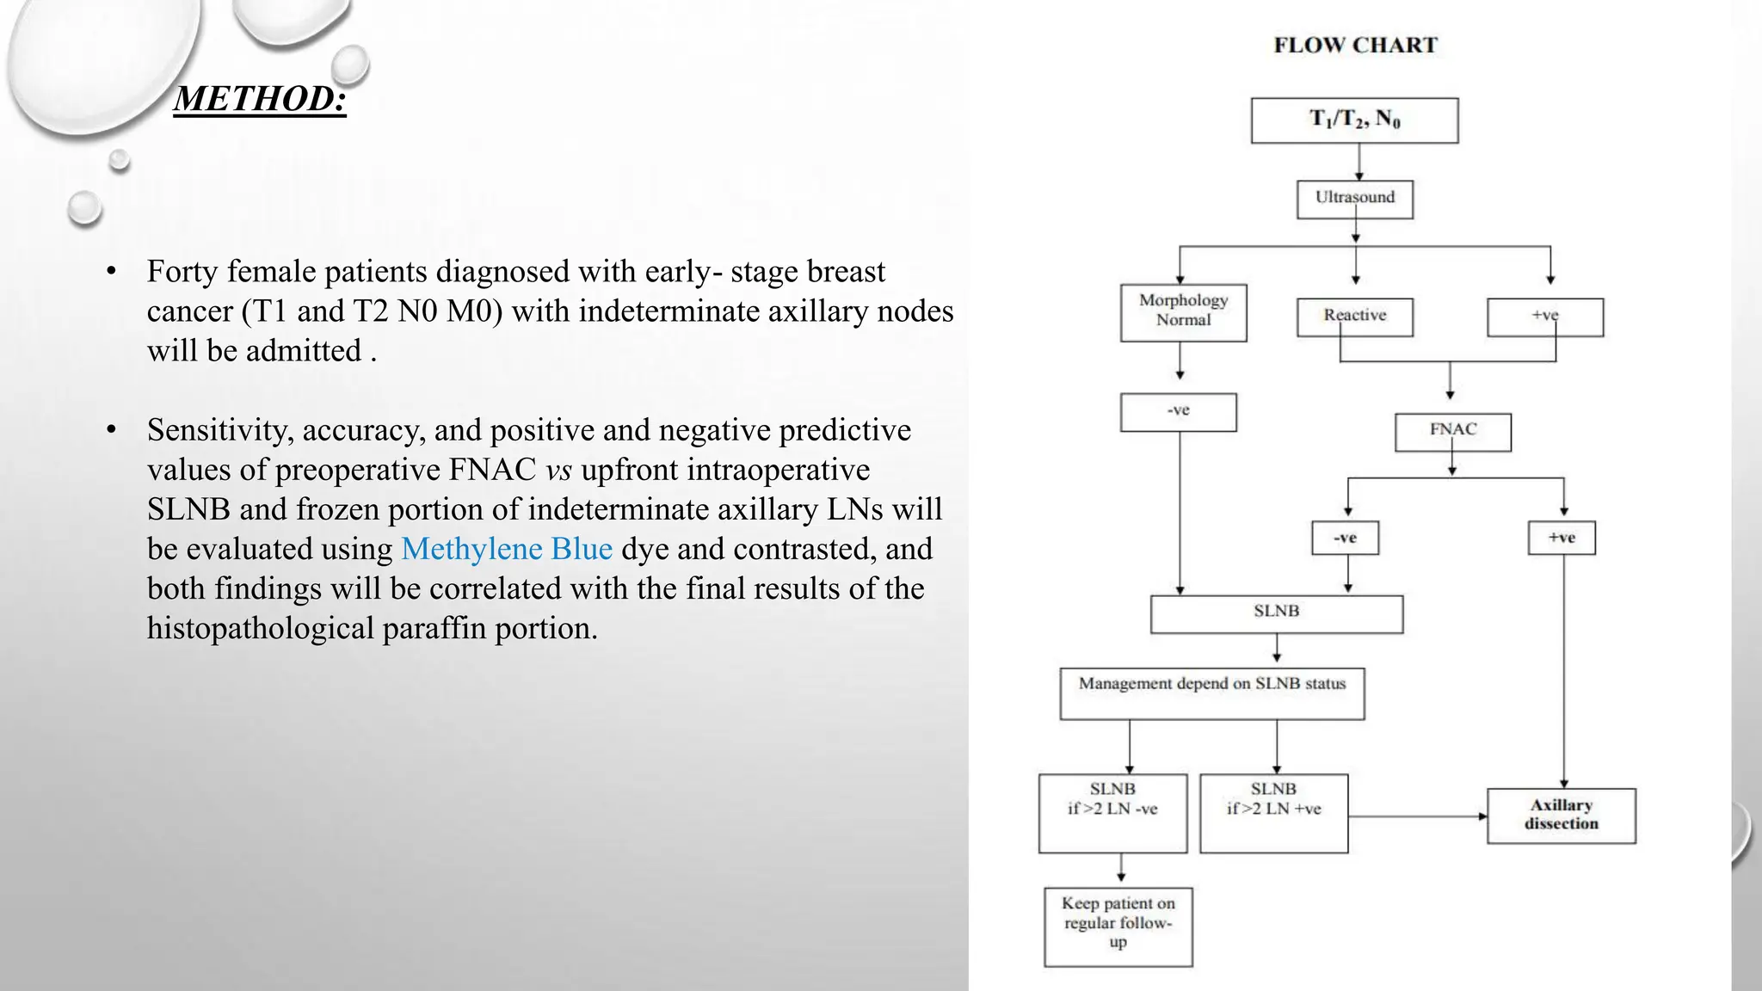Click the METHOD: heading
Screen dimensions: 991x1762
click(260, 99)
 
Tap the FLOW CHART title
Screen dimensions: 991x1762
click(1355, 46)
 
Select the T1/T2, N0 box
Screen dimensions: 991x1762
click(1354, 120)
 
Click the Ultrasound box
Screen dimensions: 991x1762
click(1355, 199)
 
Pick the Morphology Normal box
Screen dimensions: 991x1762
click(1183, 312)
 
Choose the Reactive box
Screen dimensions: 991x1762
click(1354, 317)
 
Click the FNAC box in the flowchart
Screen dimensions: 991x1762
click(1452, 431)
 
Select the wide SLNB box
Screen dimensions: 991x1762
click(1276, 613)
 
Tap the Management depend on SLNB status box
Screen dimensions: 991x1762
click(1211, 692)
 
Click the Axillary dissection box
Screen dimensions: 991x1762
click(1561, 815)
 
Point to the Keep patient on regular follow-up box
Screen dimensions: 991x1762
click(1118, 926)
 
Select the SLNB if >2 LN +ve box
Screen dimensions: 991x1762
click(1273, 812)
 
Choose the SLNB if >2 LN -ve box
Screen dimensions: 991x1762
click(1112, 812)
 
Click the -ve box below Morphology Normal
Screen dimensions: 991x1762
click(1178, 412)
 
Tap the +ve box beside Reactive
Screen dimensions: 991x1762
click(1544, 317)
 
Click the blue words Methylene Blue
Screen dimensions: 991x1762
click(507, 549)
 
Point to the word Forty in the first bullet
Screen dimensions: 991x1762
click(182, 272)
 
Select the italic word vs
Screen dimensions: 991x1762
click(558, 471)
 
